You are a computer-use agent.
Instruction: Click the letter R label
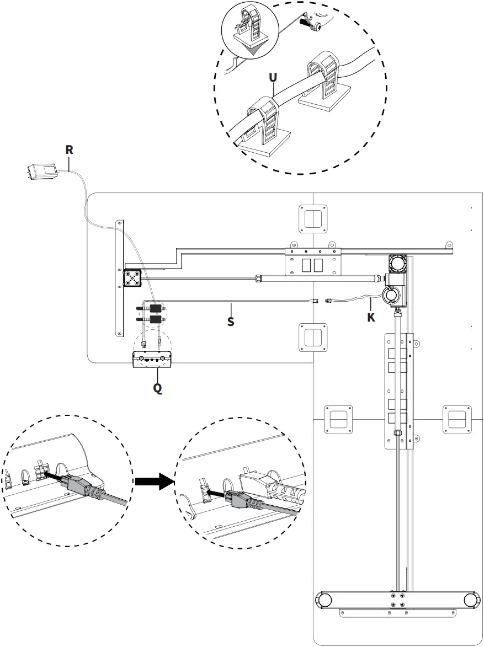69,149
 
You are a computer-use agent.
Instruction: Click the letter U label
273,77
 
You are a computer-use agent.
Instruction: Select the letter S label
231,321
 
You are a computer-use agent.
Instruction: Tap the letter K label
371,317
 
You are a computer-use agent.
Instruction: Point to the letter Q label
157,388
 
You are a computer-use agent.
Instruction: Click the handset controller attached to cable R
43,171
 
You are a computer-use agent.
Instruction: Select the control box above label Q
152,359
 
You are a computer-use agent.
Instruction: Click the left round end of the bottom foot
324,600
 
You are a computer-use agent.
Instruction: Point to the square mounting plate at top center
313,218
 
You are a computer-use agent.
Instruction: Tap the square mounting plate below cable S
313,337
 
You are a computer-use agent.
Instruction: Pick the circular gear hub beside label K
392,296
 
